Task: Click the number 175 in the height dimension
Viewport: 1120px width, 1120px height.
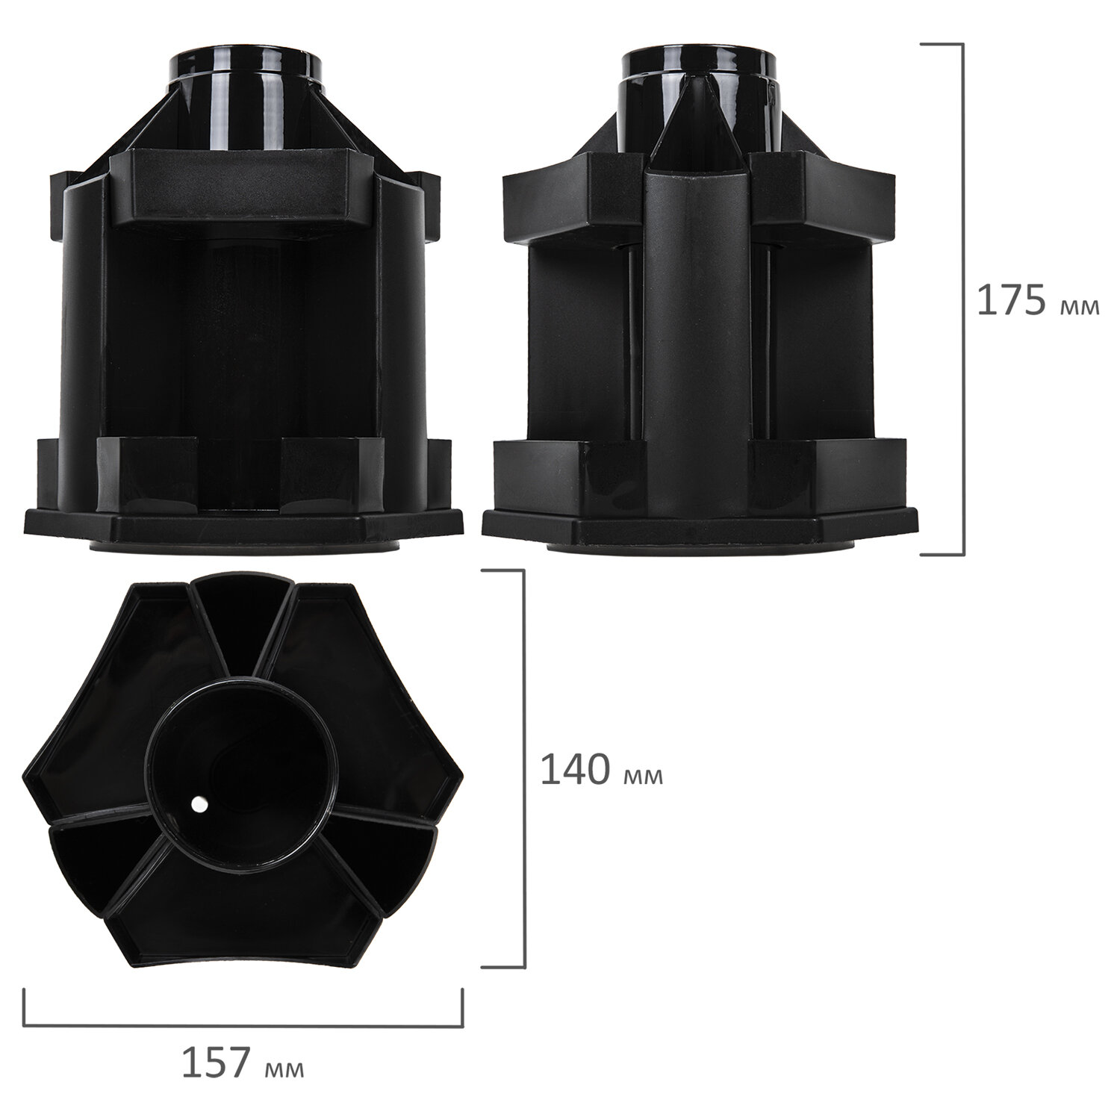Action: click(1012, 301)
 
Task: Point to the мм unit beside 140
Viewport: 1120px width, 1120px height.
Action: click(642, 776)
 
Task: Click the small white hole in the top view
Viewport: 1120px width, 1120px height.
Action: click(199, 804)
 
